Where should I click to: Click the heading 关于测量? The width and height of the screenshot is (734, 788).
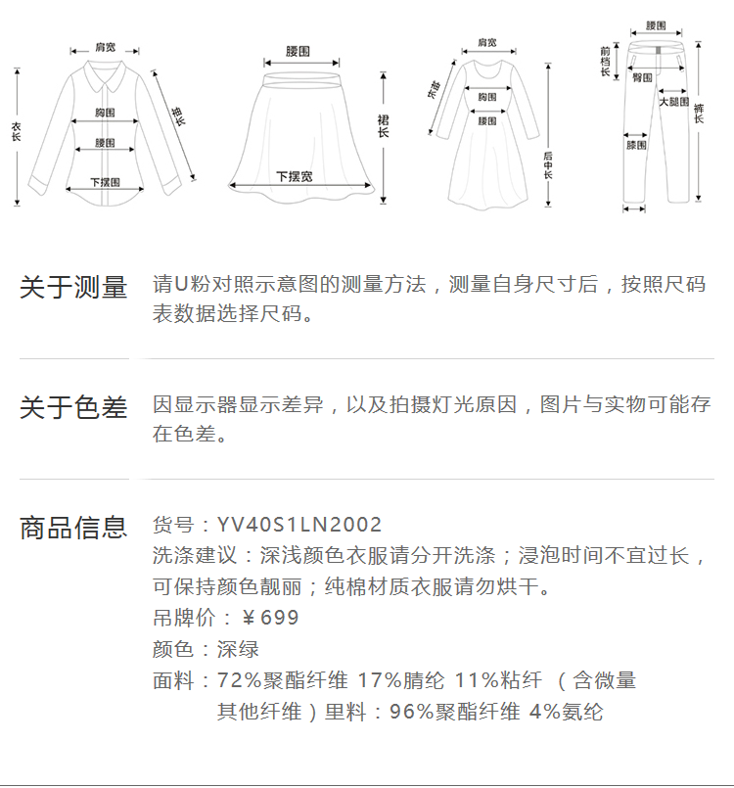(x=73, y=288)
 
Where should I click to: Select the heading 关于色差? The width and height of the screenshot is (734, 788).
(x=73, y=408)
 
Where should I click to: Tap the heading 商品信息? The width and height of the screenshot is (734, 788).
(x=73, y=528)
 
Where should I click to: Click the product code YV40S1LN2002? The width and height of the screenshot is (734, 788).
(x=299, y=526)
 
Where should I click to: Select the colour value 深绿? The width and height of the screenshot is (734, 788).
(x=238, y=650)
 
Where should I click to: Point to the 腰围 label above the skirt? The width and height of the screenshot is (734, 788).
(x=298, y=51)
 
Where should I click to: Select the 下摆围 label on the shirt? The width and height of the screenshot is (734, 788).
(x=105, y=182)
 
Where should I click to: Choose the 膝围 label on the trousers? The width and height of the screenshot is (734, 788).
(x=636, y=146)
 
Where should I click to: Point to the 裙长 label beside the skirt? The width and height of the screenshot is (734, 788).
(x=384, y=125)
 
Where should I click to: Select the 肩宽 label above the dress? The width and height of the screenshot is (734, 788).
(x=486, y=43)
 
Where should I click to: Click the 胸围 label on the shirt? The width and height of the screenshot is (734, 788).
(x=106, y=112)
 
